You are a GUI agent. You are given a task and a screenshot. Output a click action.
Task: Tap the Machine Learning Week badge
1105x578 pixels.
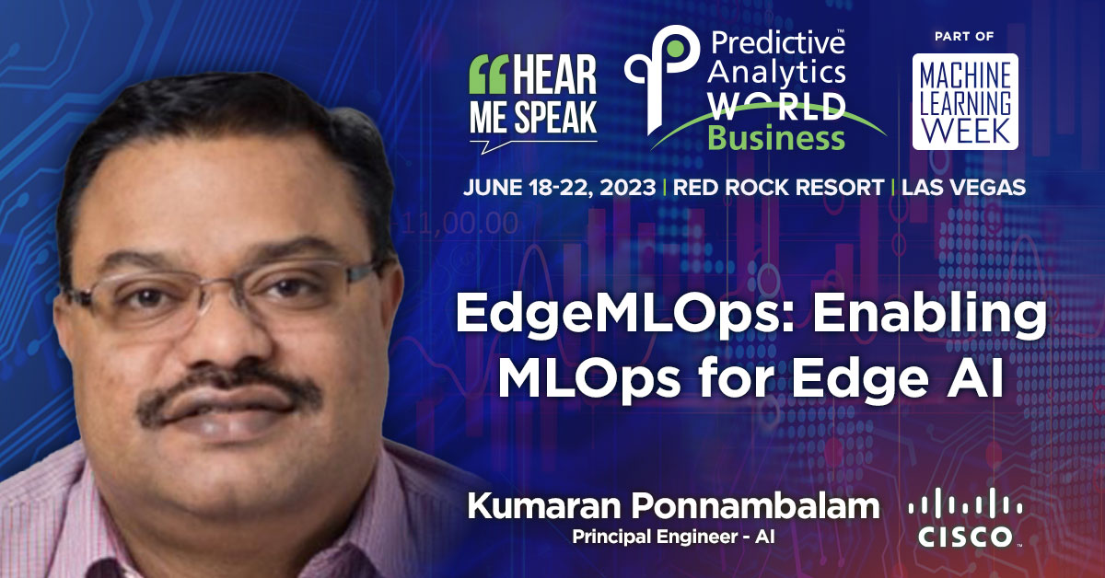(964, 101)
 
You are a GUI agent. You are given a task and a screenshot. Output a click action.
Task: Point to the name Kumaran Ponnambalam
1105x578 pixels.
(673, 507)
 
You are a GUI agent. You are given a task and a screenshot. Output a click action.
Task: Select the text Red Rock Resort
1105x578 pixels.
(775, 187)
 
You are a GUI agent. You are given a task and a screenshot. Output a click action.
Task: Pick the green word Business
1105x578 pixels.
(775, 138)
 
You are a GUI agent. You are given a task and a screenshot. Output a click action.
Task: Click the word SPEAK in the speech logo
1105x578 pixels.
(555, 117)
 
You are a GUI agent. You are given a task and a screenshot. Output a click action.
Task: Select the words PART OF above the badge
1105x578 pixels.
(964, 37)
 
